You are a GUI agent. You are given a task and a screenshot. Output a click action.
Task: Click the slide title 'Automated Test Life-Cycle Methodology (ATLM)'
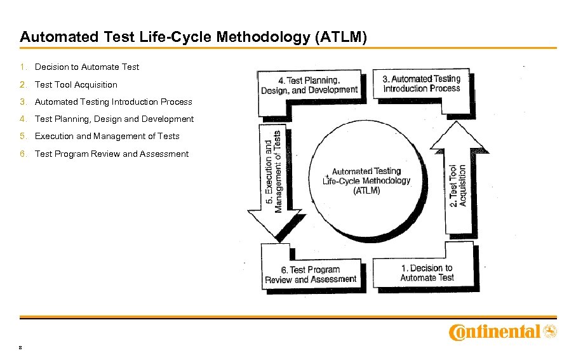[193, 37]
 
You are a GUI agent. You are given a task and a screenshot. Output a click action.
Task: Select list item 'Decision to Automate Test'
[87, 67]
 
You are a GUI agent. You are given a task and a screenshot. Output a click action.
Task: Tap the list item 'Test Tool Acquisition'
[76, 84]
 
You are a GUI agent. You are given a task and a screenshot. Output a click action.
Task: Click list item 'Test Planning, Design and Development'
[114, 119]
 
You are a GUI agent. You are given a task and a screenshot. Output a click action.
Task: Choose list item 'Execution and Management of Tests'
[107, 136]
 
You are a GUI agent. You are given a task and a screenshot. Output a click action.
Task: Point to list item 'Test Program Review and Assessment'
[112, 154]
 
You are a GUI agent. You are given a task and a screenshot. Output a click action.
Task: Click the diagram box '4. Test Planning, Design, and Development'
[309, 85]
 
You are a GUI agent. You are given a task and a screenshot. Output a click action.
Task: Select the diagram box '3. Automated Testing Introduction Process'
[422, 83]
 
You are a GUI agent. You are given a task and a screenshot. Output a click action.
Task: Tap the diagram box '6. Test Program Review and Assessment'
[311, 274]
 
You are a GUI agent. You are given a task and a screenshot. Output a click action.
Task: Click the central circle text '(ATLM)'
[366, 190]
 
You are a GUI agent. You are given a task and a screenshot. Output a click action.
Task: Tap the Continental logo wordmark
[495, 331]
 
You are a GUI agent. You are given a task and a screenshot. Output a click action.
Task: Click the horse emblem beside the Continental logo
[550, 331]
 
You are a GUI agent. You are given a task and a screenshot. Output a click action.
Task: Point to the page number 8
[22, 347]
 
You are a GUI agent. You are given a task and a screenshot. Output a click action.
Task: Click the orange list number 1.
[23, 67]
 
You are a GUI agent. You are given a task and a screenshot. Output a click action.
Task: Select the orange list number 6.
[23, 154]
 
